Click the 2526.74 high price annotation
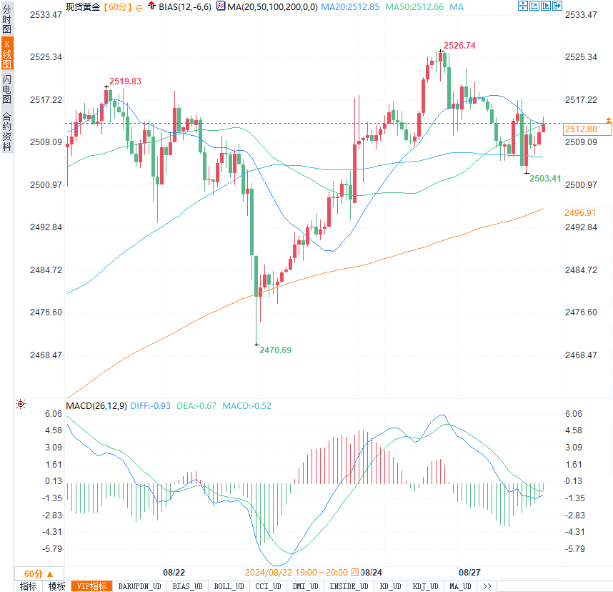click(459, 45)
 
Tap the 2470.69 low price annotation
click(275, 350)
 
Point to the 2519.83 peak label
click(125, 81)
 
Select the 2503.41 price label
click(544, 178)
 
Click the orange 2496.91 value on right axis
click(579, 213)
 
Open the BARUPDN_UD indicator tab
click(140, 586)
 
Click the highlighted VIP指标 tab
click(92, 586)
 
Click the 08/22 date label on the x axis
click(174, 573)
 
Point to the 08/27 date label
click(469, 573)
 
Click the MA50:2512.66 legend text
click(414, 6)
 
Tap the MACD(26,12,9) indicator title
click(96, 406)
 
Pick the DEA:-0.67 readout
click(196, 406)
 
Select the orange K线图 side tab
click(7, 54)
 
